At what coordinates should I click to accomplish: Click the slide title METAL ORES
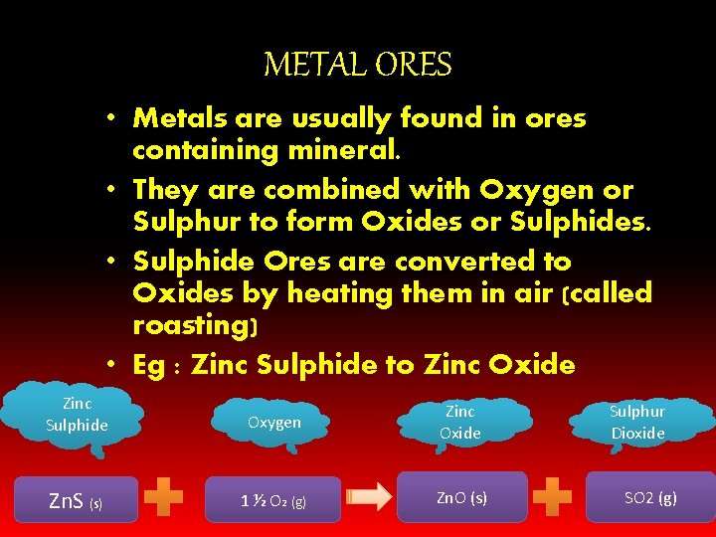point(357,66)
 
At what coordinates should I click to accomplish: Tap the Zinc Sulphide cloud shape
point(77,416)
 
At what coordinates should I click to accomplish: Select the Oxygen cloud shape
point(273,423)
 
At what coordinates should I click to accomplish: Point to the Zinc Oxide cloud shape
point(460,422)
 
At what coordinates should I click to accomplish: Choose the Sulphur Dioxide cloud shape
point(637,422)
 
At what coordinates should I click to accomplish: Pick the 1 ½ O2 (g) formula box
point(273,500)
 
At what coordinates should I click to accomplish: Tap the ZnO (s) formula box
point(462,497)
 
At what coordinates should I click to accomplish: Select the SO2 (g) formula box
point(650,497)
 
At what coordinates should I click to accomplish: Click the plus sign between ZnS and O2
point(164,498)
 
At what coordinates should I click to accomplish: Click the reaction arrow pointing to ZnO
point(369,498)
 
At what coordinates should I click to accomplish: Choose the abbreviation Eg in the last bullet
point(149,366)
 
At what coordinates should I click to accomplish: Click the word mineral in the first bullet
point(334,151)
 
